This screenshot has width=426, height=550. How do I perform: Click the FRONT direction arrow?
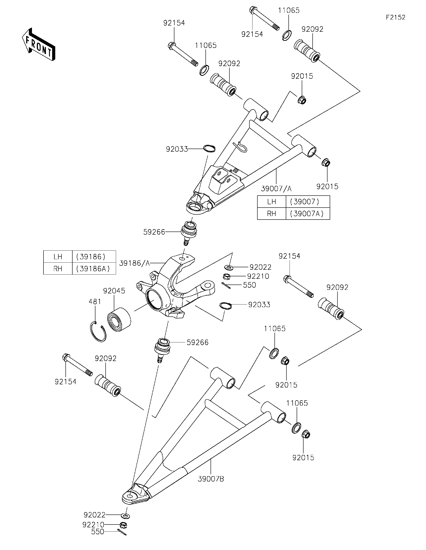38,45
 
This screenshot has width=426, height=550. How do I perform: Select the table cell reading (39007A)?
307,214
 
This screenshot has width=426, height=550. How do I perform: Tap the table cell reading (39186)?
91,257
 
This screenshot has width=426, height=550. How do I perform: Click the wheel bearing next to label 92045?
119,318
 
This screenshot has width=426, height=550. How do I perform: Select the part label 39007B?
211,479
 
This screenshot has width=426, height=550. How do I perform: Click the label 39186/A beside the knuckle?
134,263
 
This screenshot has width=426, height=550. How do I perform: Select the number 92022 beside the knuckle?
260,267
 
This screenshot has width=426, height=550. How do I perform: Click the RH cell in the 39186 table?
58,269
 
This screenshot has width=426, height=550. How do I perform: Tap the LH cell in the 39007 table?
272,202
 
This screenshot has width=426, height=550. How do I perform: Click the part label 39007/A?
276,189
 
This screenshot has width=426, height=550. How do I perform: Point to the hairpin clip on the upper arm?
241,147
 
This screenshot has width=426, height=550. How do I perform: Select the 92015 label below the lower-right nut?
303,458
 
